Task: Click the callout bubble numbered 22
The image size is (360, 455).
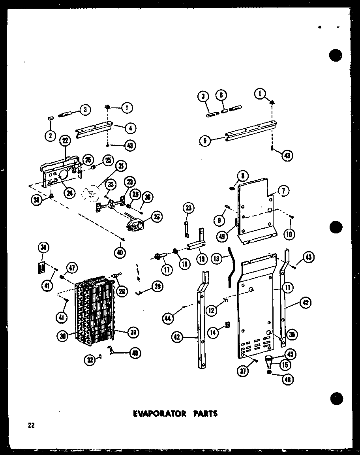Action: coord(64,140)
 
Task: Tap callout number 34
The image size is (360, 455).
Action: coord(43,248)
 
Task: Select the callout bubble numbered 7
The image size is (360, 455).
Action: coord(283,191)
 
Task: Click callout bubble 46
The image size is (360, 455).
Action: coord(287,380)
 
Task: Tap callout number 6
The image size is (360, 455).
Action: coord(222,96)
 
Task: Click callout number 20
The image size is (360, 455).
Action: coord(188,207)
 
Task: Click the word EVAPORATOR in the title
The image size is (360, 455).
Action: coord(154,414)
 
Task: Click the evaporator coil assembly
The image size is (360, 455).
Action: coord(95,312)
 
